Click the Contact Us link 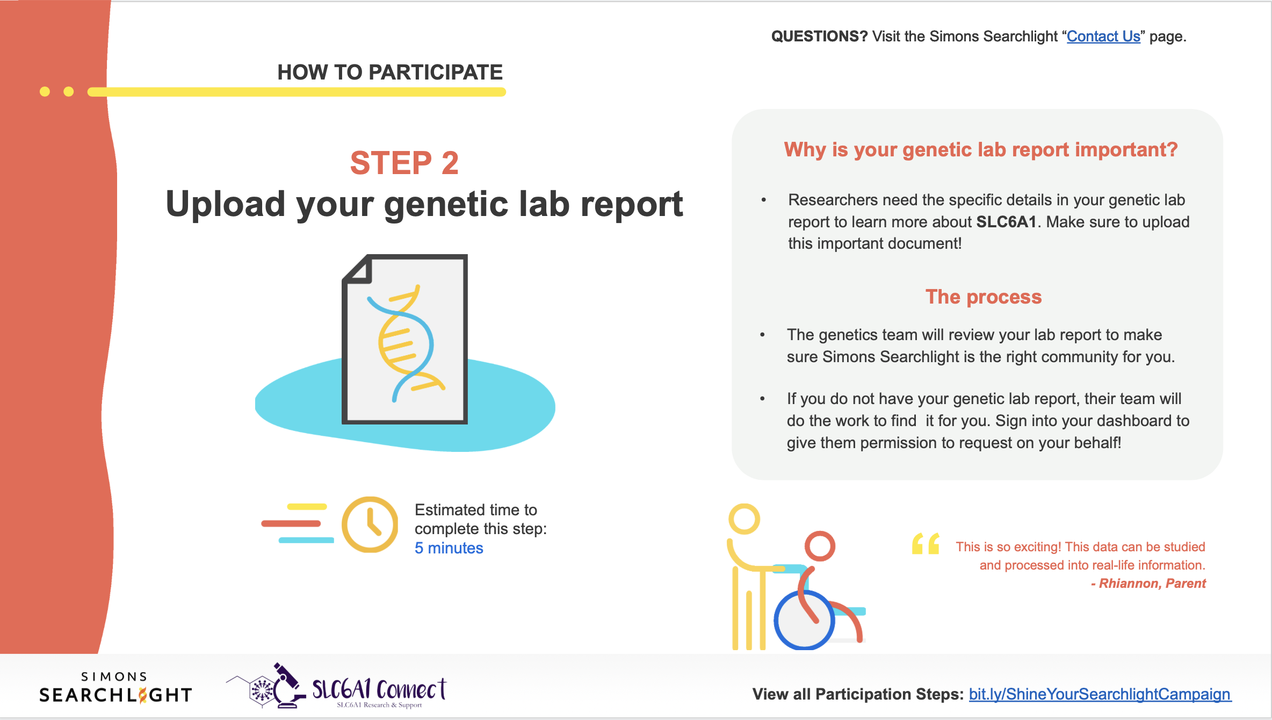(x=1103, y=37)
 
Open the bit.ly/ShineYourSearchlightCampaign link (x=1099, y=694)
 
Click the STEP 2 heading (x=404, y=162)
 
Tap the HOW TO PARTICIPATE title (x=389, y=72)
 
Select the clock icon (x=370, y=524)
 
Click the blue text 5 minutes (x=449, y=548)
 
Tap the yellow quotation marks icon (x=925, y=544)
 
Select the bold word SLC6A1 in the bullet (x=1006, y=222)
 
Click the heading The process (x=983, y=297)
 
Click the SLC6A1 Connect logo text (x=379, y=689)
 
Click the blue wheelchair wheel (x=804, y=621)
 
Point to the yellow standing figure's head (x=744, y=519)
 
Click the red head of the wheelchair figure (x=820, y=546)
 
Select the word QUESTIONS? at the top (x=819, y=37)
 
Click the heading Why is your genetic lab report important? (x=980, y=149)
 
